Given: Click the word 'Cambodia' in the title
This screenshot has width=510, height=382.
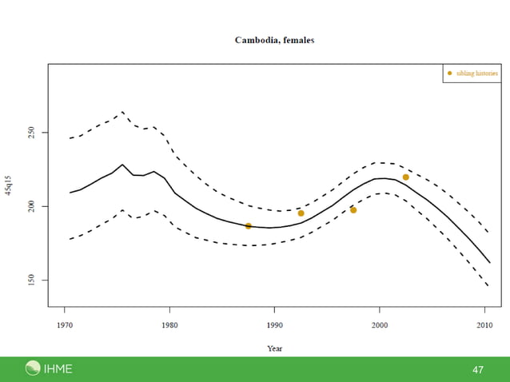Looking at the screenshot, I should (x=254, y=40).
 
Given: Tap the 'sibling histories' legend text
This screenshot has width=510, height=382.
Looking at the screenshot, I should (x=477, y=74).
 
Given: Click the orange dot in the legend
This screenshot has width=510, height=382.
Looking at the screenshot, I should (x=449, y=74).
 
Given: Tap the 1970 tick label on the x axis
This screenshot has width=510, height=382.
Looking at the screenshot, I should (x=65, y=325).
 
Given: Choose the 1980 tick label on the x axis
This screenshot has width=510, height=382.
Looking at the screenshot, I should (x=169, y=325).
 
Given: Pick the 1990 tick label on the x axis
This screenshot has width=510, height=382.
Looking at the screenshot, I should (x=274, y=325).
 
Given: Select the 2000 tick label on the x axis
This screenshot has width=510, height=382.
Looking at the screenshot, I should (x=379, y=325).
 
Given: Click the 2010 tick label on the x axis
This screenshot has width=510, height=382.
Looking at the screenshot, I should (x=484, y=325).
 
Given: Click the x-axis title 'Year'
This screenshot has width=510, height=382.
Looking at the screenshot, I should (x=274, y=348).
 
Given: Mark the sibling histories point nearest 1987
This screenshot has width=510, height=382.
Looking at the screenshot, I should (x=249, y=226).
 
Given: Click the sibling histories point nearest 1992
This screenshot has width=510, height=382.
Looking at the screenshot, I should (x=301, y=213).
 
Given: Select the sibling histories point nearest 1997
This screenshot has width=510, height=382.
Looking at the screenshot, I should (x=353, y=210).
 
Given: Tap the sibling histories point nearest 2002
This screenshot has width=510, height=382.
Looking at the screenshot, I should (x=406, y=177).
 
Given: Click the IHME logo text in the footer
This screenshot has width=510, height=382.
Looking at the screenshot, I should (x=58, y=368).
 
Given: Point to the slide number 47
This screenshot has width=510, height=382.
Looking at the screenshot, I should (x=478, y=370).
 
